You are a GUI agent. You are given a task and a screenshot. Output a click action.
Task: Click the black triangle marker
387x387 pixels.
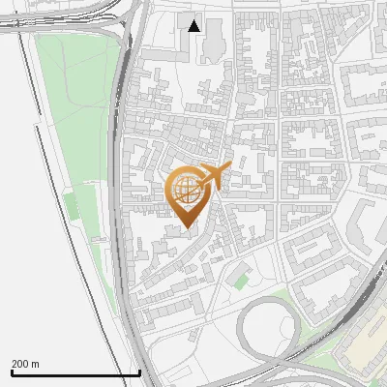coord(194,26)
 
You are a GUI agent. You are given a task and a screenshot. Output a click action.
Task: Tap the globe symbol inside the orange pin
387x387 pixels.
coord(187,191)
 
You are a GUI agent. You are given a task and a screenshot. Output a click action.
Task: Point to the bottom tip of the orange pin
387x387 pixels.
coord(188,228)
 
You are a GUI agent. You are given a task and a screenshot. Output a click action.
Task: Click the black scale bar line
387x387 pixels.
coord(75,373)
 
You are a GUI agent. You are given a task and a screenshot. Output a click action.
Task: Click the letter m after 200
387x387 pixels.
coord(36,364)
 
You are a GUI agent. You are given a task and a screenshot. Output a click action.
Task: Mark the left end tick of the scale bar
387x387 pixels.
coord(12,372)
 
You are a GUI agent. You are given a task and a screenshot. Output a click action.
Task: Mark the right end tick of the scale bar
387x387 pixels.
coord(140,372)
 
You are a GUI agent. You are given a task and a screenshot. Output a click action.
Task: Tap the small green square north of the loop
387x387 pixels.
coord(241,282)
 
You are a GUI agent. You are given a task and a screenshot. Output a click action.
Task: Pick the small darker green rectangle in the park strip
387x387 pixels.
coord(70,206)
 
